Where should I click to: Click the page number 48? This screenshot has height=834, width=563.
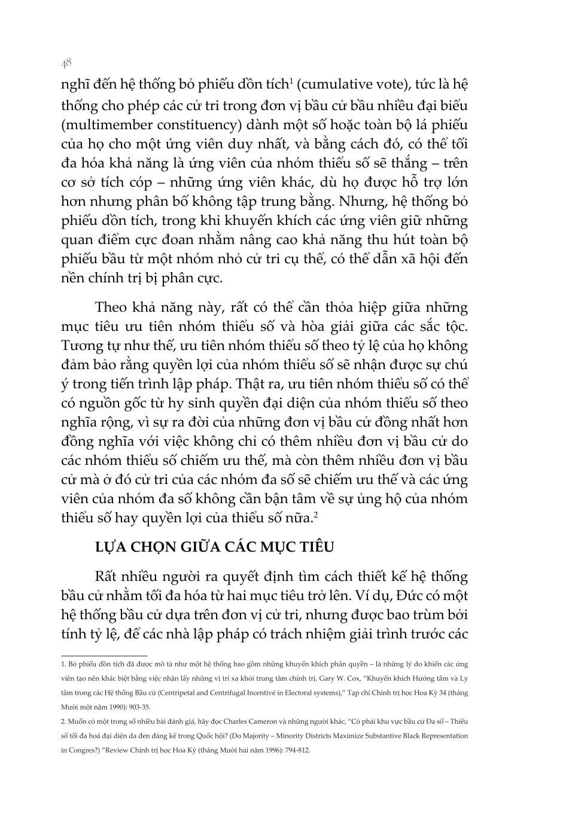(x=66, y=62)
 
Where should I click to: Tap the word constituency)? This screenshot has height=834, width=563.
(x=206, y=124)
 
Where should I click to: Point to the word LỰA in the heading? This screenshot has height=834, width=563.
(x=111, y=547)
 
